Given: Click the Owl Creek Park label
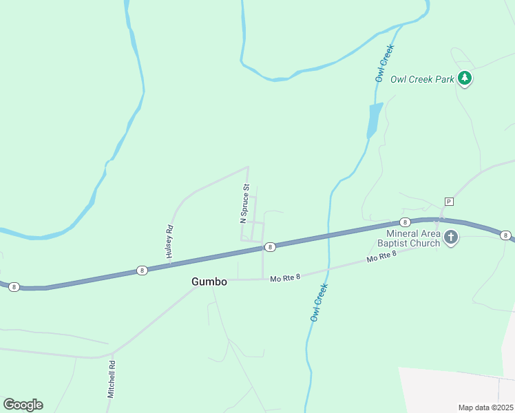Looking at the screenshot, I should pos(422,79).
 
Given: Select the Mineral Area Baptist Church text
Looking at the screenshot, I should pos(408,238).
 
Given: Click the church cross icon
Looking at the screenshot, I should pos(451,238).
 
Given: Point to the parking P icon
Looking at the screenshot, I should pos(449,201).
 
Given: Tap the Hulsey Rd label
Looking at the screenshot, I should pos(168,242).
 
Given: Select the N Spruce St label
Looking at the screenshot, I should pos(243,204).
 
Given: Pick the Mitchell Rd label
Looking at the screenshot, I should pos(110,379).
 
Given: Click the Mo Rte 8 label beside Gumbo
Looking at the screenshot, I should pos(286,278).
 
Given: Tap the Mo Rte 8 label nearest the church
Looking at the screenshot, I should pos(382,257).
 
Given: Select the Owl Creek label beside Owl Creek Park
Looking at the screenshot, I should pos(384,63).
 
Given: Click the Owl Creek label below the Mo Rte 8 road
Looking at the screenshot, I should pos(317,303).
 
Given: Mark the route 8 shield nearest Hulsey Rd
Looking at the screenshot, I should pos(141,270).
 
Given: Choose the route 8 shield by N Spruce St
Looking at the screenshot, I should pos(270,246).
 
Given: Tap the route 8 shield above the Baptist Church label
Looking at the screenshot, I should pos(405,222).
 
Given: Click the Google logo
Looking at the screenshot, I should pos(23,405).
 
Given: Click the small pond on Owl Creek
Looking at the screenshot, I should pos(374,120).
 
